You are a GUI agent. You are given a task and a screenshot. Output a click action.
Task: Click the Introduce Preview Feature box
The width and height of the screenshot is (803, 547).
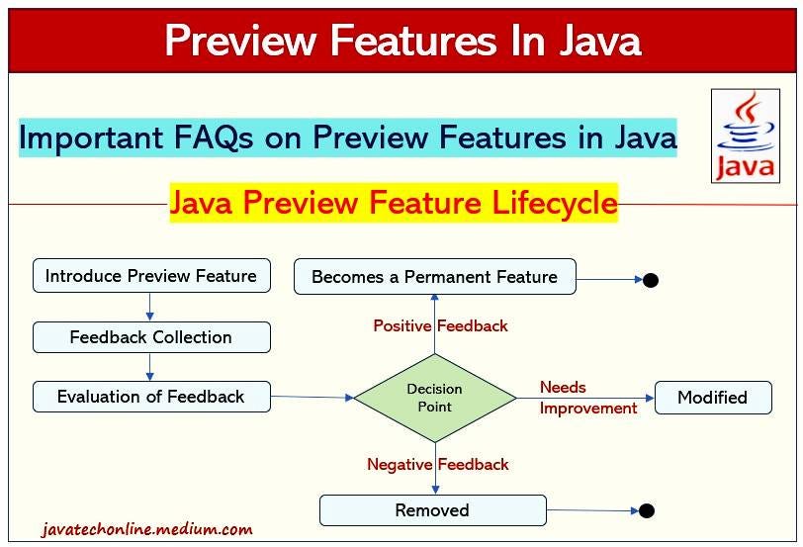pos(151,276)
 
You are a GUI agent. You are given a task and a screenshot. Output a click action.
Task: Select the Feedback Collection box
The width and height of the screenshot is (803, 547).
pos(151,337)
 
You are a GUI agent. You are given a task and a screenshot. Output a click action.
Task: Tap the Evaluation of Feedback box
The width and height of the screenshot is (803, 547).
pos(151,397)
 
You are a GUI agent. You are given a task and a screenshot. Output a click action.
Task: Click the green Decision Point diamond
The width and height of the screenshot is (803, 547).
pos(435,398)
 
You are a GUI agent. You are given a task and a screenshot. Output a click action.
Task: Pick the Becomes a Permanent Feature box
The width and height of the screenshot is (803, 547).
pos(435,277)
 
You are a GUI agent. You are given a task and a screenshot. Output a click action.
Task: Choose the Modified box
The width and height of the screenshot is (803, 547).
pos(713,398)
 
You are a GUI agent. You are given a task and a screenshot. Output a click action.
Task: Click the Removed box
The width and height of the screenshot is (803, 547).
pos(433,510)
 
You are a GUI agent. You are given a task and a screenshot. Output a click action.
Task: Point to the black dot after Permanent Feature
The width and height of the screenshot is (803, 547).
pos(651,280)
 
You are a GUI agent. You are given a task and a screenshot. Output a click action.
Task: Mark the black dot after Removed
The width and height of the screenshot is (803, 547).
pos(647,510)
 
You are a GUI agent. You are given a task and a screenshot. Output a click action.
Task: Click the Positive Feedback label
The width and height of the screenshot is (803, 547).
pos(440,325)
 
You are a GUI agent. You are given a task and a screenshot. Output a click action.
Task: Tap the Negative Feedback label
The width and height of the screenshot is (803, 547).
pos(438,465)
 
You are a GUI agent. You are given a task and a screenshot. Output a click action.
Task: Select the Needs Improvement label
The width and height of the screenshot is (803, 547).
pos(588,398)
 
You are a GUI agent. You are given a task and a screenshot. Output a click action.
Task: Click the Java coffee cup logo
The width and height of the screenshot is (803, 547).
pos(746,136)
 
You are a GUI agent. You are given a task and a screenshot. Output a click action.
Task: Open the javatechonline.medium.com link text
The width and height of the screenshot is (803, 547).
pos(147,529)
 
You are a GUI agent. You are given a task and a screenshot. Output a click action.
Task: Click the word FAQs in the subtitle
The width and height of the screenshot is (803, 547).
pos(214,137)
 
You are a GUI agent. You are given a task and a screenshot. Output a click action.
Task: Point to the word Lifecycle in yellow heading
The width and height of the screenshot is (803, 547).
pos(554,203)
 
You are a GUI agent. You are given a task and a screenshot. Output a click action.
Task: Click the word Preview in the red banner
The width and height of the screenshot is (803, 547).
pos(239,40)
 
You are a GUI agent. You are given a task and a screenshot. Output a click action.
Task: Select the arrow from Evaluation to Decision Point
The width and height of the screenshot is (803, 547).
pos(312,397)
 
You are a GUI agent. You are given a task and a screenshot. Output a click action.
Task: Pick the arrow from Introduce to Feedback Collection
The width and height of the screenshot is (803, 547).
pos(149,307)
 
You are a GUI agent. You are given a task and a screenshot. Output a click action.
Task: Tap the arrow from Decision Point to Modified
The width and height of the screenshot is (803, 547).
pos(585,398)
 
